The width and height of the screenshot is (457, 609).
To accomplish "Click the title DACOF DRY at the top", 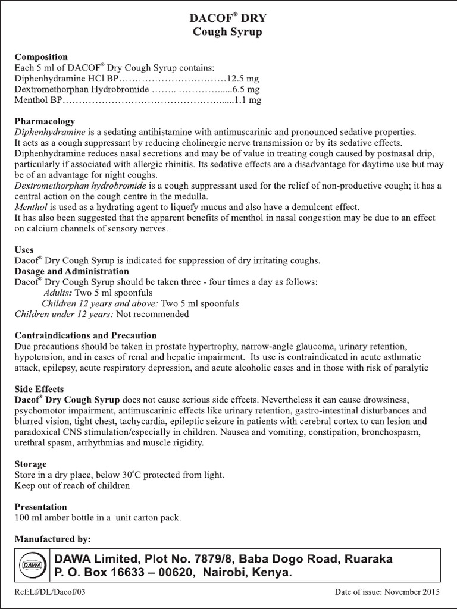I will pyautogui.click(x=228, y=18).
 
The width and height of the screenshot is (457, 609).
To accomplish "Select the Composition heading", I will pyautogui.click(x=40, y=57).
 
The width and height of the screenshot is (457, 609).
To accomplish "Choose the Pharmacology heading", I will pyautogui.click(x=45, y=121).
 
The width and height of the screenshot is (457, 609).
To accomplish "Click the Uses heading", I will pyautogui.click(x=24, y=250).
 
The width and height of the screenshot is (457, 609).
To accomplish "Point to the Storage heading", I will pyautogui.click(x=30, y=463).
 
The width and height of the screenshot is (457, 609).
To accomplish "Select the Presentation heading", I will pyautogui.click(x=40, y=507).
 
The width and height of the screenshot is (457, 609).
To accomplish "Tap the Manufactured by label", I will pyautogui.click(x=52, y=539).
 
